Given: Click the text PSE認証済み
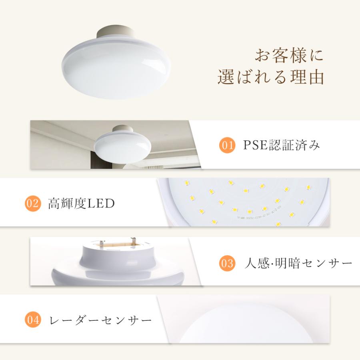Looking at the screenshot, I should (282, 145).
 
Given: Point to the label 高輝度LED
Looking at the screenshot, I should (81, 204).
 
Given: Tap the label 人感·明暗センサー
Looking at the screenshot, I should (298, 263).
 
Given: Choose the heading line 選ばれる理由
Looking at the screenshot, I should (270, 77).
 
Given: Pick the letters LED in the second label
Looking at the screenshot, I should (104, 204).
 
